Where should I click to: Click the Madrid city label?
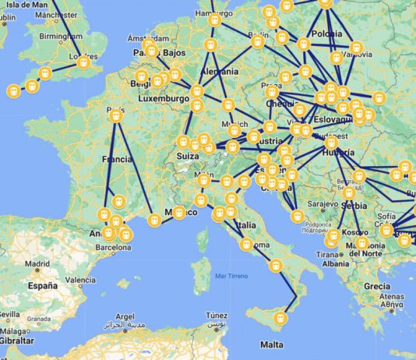[x=36, y=263]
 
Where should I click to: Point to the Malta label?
[x=272, y=344]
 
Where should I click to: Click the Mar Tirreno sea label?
[x=233, y=277]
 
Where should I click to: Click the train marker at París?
[x=116, y=116]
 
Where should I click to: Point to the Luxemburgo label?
[x=167, y=100]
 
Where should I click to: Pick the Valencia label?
[x=80, y=280]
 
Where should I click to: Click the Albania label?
[x=335, y=263]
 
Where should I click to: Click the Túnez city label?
[x=217, y=315]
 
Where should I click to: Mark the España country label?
[x=43, y=286]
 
